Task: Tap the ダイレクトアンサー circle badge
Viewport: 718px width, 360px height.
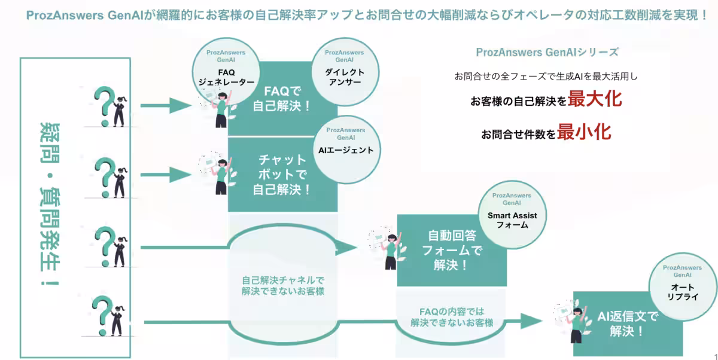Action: pos(344,69)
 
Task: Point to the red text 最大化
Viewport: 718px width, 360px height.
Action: pos(595,99)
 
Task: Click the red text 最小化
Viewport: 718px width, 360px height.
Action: pos(584,132)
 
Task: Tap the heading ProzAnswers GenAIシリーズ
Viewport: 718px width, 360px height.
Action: pos(547,52)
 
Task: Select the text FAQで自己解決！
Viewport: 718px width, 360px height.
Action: pos(282,99)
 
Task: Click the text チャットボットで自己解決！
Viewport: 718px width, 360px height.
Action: pos(282,175)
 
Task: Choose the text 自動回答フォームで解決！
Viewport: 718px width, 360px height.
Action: pos(452,249)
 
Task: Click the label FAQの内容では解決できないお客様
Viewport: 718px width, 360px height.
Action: pos(452,316)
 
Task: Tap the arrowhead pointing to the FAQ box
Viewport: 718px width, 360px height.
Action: pos(180,106)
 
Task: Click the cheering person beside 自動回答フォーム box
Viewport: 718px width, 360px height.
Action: pos(389,248)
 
